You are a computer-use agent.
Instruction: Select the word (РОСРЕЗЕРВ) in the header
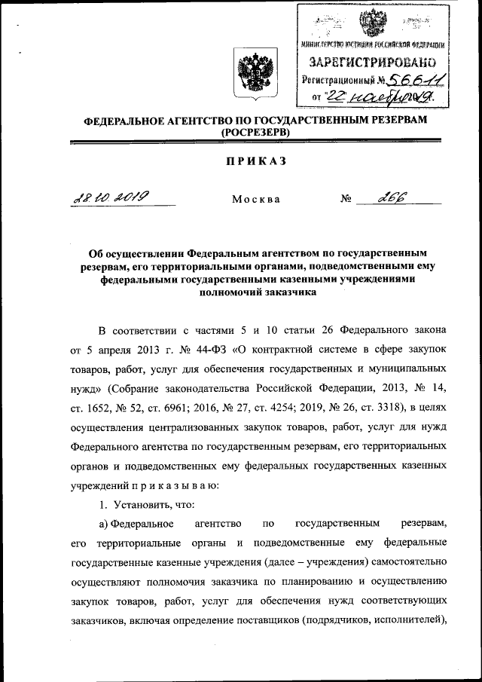pos(255,133)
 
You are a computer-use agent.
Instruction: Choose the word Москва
pos(256,200)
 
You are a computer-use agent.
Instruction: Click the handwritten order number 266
pos(392,197)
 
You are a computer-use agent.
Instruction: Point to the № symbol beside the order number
pos(346,200)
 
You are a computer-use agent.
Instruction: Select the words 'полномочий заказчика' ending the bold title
pos(255,295)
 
